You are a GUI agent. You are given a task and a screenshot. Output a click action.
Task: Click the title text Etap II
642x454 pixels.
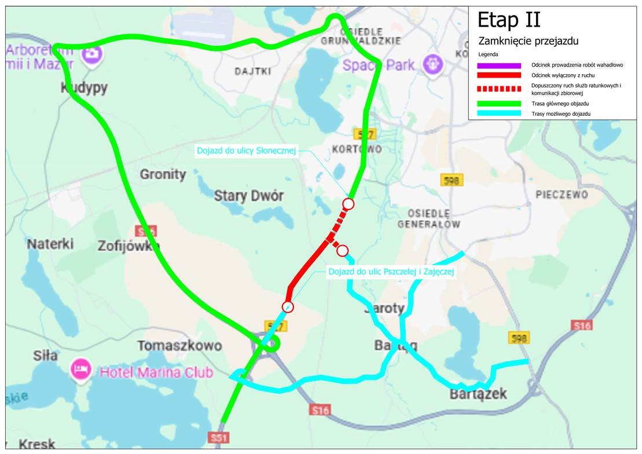[508, 20]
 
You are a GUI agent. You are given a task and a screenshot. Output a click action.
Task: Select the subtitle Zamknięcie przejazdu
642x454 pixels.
[528, 42]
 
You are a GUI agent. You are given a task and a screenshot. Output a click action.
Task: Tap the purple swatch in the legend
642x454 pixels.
[499, 65]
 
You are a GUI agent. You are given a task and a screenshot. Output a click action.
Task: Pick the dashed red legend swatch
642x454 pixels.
[499, 89]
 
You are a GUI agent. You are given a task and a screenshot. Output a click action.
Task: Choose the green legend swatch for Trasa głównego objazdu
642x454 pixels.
[499, 104]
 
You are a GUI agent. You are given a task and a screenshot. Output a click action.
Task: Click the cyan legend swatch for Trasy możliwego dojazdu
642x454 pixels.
[499, 114]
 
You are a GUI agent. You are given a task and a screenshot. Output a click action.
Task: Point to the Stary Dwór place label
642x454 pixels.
[249, 196]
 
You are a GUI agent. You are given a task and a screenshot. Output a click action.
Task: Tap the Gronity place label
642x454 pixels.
[163, 174]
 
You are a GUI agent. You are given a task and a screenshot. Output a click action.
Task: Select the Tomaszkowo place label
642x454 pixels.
[179, 346]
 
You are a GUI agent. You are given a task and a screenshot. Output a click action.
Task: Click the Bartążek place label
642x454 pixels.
[478, 394]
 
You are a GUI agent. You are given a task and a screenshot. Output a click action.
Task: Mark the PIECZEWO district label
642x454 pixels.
[562, 195]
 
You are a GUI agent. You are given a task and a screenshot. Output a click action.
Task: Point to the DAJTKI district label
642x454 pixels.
[253, 72]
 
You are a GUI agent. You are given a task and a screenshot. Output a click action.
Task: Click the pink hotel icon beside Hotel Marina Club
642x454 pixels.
[80, 369]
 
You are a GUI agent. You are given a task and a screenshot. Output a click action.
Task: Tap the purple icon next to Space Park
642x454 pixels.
[432, 64]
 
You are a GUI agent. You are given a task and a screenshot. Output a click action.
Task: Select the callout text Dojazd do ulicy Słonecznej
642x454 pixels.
[247, 151]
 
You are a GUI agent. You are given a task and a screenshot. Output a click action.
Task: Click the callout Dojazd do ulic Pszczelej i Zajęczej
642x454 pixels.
[391, 271]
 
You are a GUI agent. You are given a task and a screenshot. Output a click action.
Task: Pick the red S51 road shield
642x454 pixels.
[218, 438]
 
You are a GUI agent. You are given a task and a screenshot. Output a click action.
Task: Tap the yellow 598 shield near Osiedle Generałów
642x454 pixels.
[452, 180]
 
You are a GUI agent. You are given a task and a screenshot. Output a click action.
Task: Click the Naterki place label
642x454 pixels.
[50, 244]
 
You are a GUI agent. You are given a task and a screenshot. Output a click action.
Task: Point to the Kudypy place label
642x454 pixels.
[85, 87]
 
